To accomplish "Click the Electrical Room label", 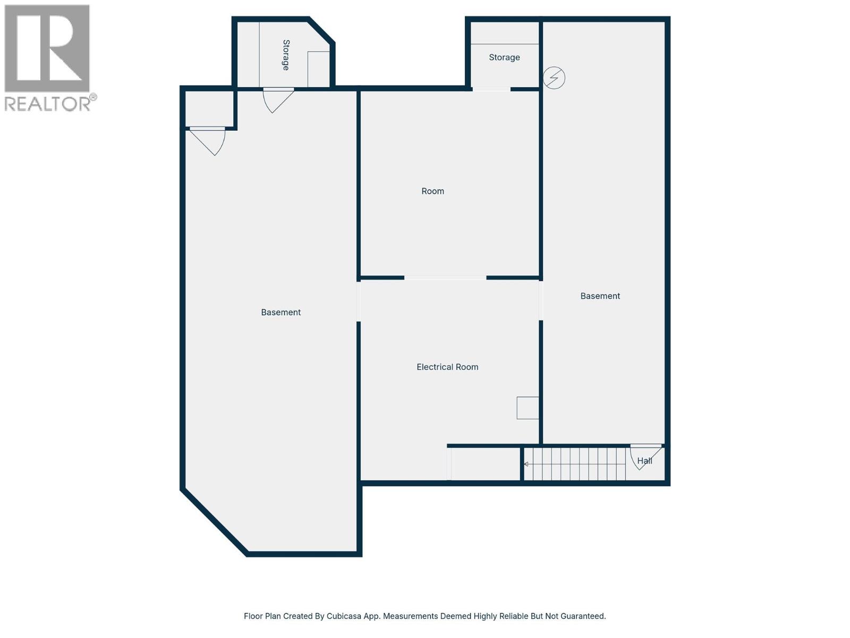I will pos(447,367).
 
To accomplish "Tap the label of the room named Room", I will pos(432,191).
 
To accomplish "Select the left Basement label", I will pos(280,313).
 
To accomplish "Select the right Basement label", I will pos(600,296).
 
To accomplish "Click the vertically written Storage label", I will pos(286,55).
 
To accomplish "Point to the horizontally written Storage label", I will pos(504,57).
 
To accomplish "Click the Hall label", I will pos(644,461).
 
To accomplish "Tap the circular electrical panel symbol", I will pos(554,78).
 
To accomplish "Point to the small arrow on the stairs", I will pos(526,464).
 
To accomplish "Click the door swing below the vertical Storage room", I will pos(276,100).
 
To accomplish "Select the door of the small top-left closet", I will pos(210,139).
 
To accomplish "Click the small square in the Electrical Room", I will pos(528,408).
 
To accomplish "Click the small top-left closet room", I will pos(210,108).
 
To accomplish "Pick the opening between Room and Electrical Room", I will pos(445,278).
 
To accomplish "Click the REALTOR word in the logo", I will pos(48,104).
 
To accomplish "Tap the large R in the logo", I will pos(48,48).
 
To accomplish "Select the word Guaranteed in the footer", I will pos(583,616).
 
